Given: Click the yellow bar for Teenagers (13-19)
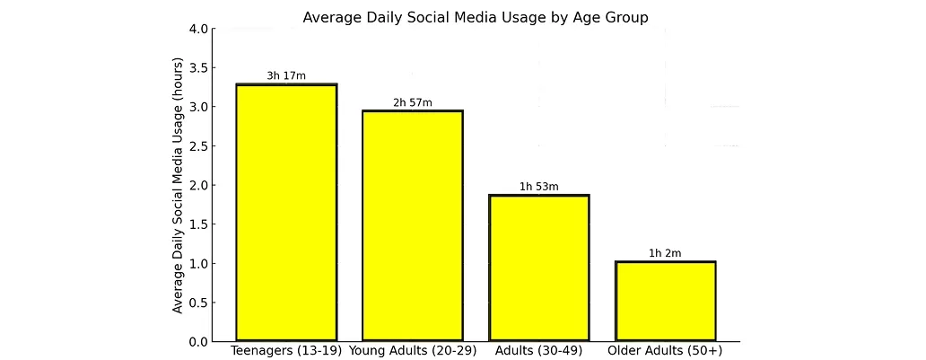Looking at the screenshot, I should [x=286, y=213].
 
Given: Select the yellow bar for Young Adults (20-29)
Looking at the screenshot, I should [x=413, y=226].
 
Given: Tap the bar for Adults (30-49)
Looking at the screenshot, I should [x=539, y=268].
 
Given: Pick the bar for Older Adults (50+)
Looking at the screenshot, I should [x=665, y=302].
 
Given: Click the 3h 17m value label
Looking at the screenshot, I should [x=286, y=75].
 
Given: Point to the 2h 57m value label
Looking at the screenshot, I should [x=413, y=102].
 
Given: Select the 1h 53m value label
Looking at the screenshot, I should [x=539, y=187].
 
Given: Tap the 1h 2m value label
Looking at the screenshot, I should [x=665, y=253].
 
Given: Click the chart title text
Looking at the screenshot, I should [x=475, y=17].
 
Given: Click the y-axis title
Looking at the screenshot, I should [x=179, y=185].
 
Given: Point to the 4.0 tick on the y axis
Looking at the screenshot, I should [x=198, y=29].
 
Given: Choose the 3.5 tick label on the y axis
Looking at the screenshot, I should [x=198, y=68].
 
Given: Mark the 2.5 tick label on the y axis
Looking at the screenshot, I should [x=198, y=146].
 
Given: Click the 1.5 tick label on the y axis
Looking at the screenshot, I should [x=198, y=224].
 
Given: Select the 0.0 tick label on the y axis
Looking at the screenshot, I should [x=198, y=342].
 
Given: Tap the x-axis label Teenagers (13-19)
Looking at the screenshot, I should [x=286, y=350].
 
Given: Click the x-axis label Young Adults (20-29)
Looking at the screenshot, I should [x=413, y=350].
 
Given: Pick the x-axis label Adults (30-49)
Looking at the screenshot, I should [x=539, y=350].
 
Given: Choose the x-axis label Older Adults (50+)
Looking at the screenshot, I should [x=665, y=350].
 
